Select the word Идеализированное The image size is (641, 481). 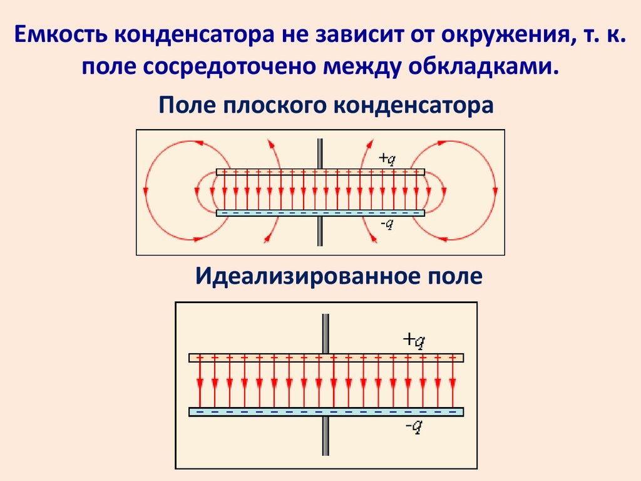(x=300, y=276)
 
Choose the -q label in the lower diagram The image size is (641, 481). (x=414, y=427)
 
